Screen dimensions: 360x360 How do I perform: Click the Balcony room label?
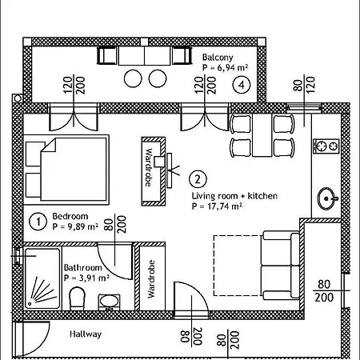(218, 58)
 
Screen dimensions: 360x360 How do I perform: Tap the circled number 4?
(242, 85)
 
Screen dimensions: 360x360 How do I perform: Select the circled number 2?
(198, 179)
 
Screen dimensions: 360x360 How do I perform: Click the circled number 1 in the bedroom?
(38, 222)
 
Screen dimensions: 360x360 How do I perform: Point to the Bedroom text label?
(70, 216)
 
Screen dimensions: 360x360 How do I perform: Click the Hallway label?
(86, 334)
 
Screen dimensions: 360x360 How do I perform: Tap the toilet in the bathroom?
(77, 298)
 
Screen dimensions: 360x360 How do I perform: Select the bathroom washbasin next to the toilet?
(109, 302)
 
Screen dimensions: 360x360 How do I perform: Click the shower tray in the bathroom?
(42, 278)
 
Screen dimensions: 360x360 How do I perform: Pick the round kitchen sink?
(326, 198)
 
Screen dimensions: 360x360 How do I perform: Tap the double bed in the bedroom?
(66, 170)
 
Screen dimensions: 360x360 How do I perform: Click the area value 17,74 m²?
(225, 206)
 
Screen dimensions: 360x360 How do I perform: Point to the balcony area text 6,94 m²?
(233, 67)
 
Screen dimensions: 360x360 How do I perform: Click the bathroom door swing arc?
(108, 269)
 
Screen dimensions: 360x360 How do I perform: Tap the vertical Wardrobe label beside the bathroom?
(151, 279)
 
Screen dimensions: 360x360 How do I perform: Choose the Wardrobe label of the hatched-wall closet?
(148, 167)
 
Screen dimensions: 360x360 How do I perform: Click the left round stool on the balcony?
(133, 78)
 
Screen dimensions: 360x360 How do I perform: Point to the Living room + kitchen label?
(234, 196)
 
